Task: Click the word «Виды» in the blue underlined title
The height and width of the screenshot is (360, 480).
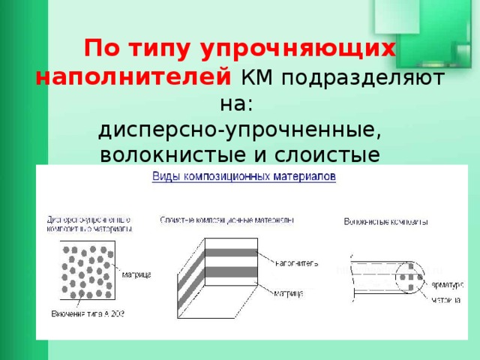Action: coord(166,177)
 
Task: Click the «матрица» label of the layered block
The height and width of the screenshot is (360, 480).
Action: coord(289,293)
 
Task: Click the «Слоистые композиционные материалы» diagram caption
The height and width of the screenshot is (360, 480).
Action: coord(226,220)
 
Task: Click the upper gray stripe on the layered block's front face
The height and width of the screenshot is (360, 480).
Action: coord(230,252)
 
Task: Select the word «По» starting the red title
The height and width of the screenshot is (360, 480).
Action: coord(97,49)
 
